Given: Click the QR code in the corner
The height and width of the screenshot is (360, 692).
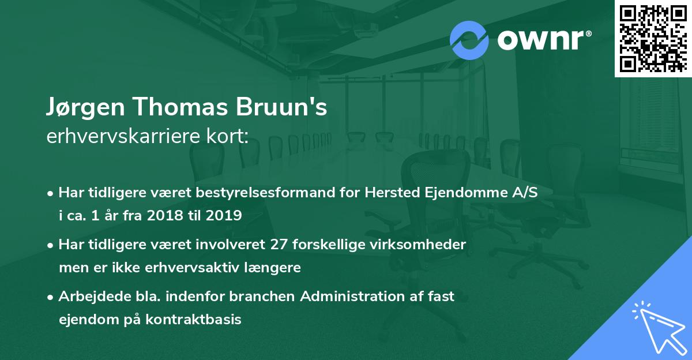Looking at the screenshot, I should (653, 39).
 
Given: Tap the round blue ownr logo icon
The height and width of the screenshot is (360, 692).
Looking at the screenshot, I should (469, 39).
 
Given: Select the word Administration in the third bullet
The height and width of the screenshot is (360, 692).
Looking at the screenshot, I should (366, 297).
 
